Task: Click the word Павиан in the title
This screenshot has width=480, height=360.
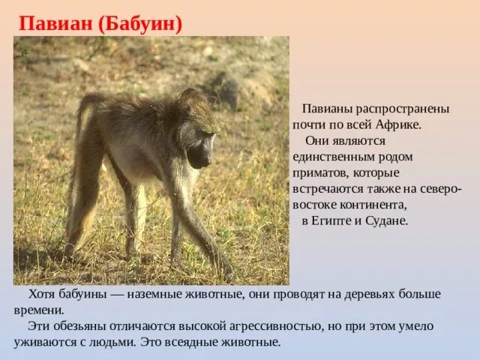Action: [55, 24]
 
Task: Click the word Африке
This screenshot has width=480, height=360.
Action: [398, 124]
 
